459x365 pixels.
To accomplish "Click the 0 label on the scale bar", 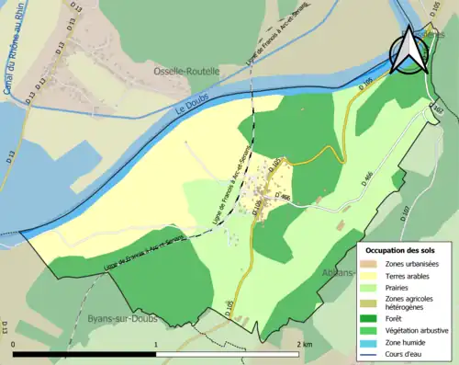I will point(14,342).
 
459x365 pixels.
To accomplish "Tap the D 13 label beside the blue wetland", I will point(34,92).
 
